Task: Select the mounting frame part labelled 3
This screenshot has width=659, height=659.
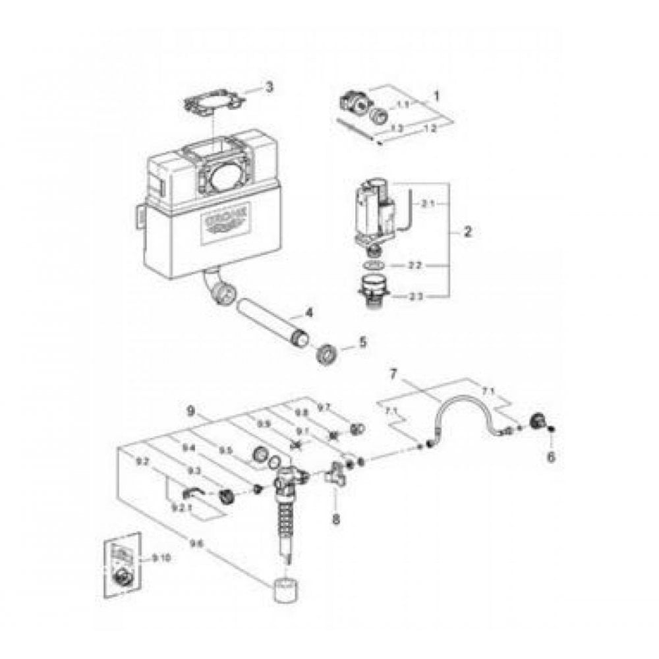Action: point(213,106)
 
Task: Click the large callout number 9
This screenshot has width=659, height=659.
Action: point(191,410)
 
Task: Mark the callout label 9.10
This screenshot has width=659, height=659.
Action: point(160,558)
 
